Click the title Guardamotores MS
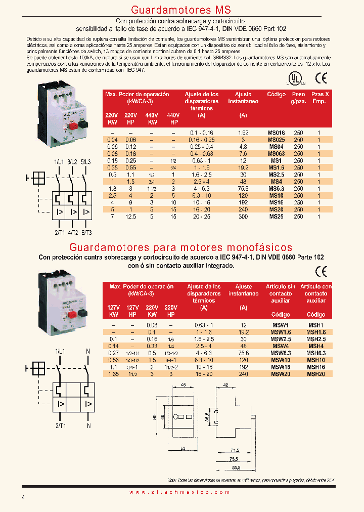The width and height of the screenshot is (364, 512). coord(181,10)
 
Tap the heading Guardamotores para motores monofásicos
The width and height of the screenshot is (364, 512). coord(181,247)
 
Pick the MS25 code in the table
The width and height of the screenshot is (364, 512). coord(276,217)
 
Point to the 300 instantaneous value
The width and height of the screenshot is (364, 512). coord(243,217)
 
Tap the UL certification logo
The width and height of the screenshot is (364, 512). coord(294,78)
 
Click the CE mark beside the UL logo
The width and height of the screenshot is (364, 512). coord(321,78)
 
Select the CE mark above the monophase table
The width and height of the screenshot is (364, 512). coord(321,271)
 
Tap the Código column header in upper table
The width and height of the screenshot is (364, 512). coord(276,95)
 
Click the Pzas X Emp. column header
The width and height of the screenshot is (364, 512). coord(319,98)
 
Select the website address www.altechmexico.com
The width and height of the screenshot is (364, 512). coord(181,492)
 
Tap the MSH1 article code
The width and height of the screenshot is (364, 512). coord(316,325)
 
